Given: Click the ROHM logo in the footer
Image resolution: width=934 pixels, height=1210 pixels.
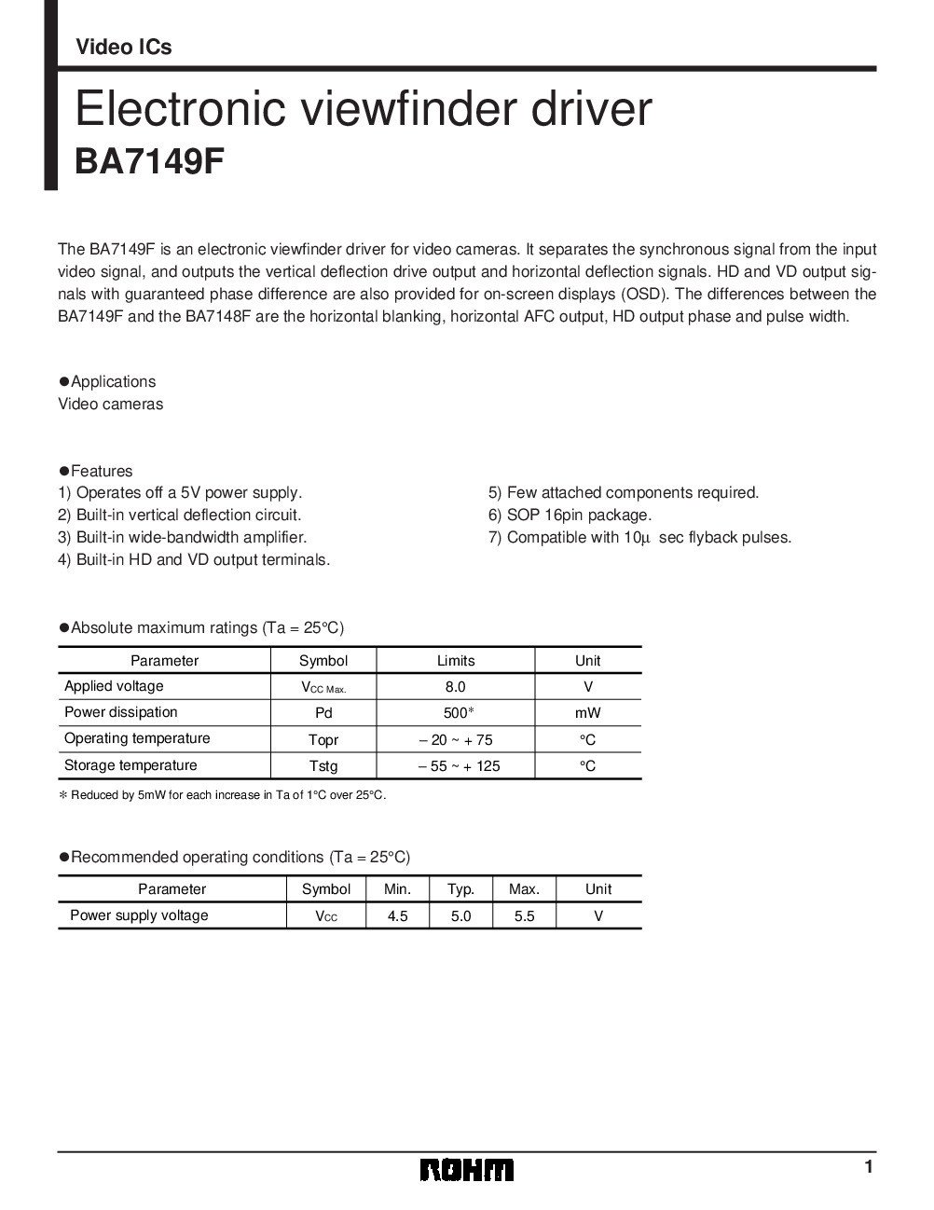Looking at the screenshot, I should (466, 1170).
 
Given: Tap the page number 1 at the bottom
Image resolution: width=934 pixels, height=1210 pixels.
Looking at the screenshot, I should (868, 1167).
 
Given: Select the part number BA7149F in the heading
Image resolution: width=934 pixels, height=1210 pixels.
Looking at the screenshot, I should (149, 160).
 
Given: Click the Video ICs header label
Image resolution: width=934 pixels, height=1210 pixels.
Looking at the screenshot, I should (123, 48).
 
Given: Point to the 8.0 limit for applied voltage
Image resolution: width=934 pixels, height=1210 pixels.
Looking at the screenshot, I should (455, 687).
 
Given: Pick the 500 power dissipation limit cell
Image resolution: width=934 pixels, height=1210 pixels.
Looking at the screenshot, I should (455, 713).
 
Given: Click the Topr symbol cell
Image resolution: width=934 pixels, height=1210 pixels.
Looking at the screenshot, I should (323, 739).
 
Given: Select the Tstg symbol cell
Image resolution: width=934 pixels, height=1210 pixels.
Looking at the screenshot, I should (323, 765).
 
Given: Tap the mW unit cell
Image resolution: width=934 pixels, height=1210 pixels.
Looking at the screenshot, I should (587, 713).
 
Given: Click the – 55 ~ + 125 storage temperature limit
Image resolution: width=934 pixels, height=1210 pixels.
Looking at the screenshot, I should (455, 765).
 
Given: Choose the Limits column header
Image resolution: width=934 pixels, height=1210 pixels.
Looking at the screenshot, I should (455, 661).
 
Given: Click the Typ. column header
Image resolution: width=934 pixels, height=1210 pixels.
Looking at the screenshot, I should (460, 889).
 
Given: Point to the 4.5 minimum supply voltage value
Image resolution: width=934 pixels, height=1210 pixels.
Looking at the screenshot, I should (398, 916).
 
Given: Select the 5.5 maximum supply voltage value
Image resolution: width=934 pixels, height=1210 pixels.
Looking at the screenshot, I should (524, 916).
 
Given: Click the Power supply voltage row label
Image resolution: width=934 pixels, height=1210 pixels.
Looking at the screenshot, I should (139, 915).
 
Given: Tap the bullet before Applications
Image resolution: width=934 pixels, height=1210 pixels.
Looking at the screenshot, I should (64, 381).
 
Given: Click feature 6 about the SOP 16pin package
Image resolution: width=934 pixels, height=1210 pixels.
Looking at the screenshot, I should (570, 515).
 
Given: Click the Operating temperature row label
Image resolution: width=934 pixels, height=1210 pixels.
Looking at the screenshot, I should (137, 738).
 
